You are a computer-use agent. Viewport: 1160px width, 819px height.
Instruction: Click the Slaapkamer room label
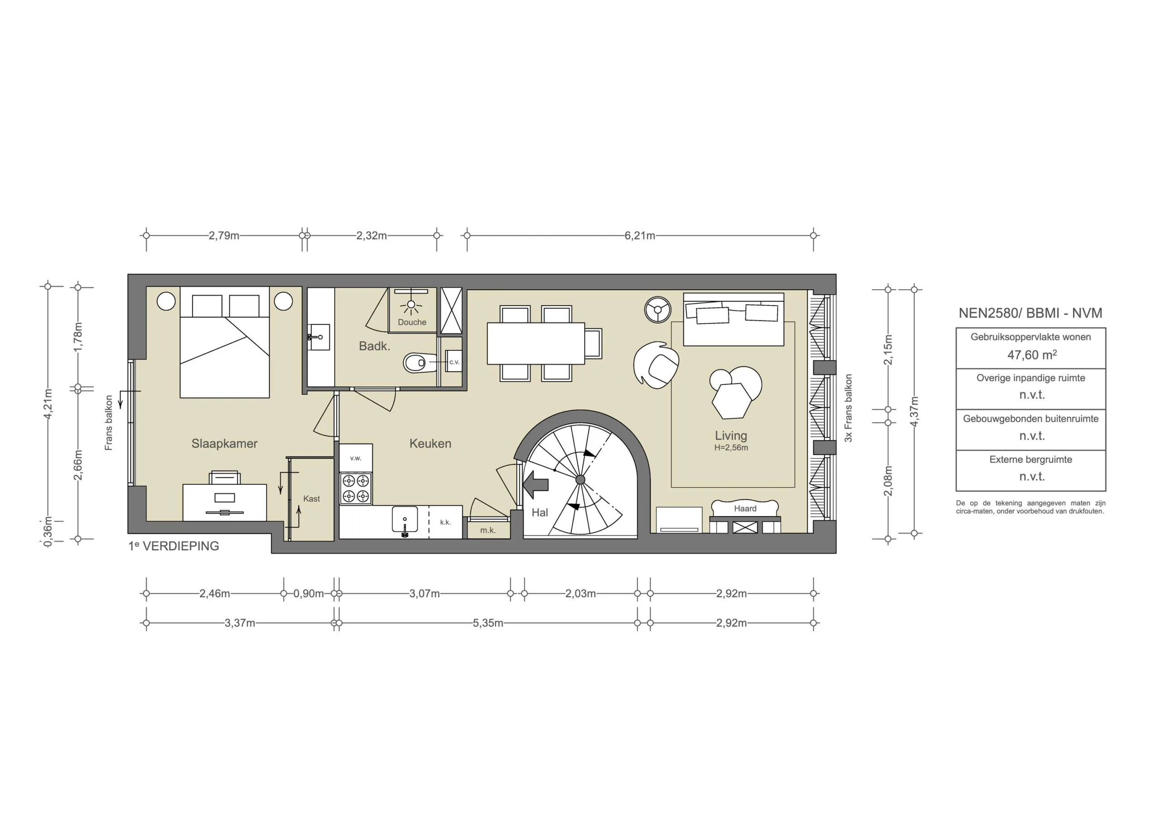(224, 443)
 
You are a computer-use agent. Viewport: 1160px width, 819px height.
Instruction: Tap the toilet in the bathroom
(419, 363)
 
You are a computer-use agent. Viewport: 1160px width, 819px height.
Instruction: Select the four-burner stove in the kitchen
(356, 488)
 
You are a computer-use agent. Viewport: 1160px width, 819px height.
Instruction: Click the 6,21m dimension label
(640, 236)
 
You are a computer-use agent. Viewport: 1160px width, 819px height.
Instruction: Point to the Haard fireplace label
(745, 508)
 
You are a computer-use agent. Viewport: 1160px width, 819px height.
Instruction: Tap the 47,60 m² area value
(1031, 355)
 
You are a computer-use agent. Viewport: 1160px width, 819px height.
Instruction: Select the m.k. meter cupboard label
(488, 530)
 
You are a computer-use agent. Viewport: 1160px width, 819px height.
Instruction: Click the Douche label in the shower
(412, 322)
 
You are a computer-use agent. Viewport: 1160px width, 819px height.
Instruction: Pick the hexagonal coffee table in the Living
(731, 400)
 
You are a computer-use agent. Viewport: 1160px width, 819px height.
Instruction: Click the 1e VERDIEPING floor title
(174, 546)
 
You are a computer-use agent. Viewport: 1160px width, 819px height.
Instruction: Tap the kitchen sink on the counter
(405, 520)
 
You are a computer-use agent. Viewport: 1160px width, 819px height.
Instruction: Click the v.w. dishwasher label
(356, 458)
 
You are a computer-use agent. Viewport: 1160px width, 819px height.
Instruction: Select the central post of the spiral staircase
(580, 480)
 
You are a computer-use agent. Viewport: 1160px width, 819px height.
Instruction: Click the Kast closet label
(311, 499)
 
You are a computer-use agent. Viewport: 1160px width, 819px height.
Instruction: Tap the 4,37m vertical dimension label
(914, 411)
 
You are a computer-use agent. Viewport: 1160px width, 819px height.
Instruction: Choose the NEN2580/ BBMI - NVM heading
(1030, 313)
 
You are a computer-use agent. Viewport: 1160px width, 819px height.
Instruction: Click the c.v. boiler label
(454, 362)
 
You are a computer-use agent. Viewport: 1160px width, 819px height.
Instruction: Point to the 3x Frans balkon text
(848, 408)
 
